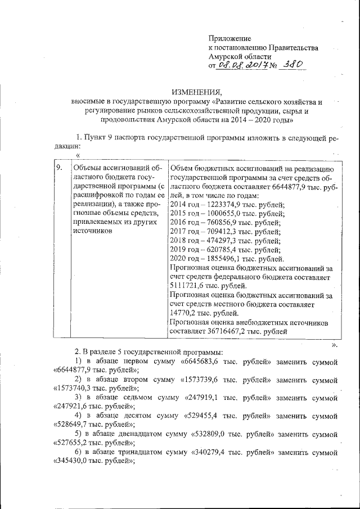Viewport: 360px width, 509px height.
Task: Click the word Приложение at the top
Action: click(x=229, y=38)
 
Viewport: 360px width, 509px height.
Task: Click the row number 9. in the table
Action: click(x=58, y=168)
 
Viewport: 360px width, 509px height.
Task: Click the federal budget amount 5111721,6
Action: click(x=188, y=286)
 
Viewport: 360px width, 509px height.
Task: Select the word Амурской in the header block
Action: click(x=225, y=56)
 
